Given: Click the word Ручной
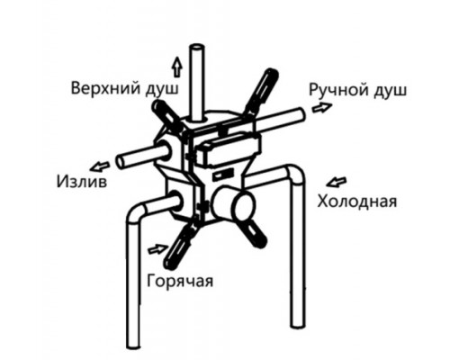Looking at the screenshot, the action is [338, 89].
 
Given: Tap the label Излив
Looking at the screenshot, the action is [82, 182].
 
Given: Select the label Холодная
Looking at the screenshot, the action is [357, 201].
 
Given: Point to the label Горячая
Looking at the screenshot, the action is [180, 281].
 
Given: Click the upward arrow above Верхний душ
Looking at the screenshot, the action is [177, 67].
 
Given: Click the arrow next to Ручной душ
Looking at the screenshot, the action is [322, 107].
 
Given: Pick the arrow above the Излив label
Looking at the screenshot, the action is [100, 166].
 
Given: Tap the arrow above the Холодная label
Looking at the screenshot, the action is [337, 182].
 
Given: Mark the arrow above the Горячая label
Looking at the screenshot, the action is [158, 249].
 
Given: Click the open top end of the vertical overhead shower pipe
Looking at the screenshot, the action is [197, 48].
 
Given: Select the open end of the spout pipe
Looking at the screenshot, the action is [121, 162].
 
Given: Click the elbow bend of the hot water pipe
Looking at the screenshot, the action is [137, 213].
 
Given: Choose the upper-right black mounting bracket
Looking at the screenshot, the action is [262, 92].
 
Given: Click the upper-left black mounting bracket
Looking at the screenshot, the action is [167, 116].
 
